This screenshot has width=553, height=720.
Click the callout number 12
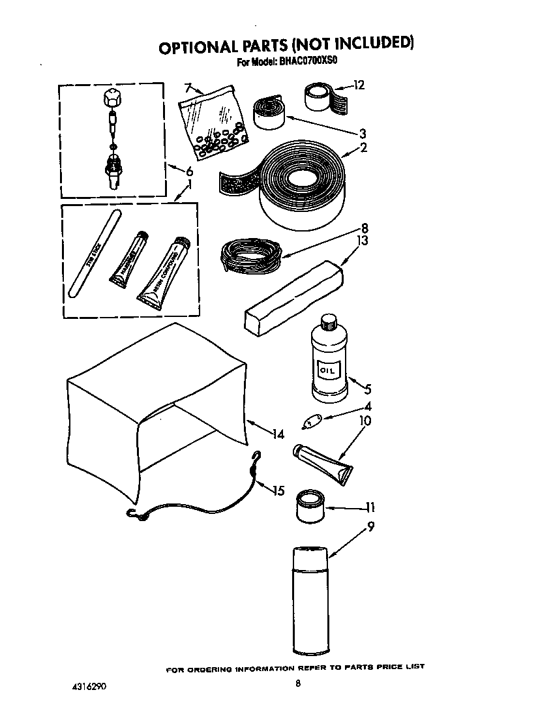[x=359, y=85]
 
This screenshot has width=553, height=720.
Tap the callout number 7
[x=188, y=87]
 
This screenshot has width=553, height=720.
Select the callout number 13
[x=362, y=241]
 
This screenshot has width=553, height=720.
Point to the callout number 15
[x=278, y=490]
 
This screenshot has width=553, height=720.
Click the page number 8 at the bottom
[x=297, y=683]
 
